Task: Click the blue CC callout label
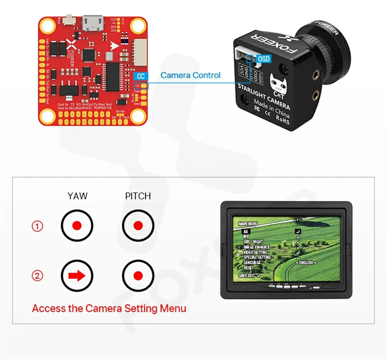pyautogui.click(x=140, y=76)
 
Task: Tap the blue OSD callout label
pyautogui.click(x=263, y=59)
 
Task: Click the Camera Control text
pyautogui.click(x=190, y=75)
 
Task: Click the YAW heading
pyautogui.click(x=77, y=196)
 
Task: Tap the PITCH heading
pyautogui.click(x=138, y=196)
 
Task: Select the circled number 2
pyautogui.click(x=37, y=276)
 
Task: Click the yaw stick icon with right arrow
pyautogui.click(x=77, y=276)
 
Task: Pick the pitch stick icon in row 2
pyautogui.click(x=138, y=276)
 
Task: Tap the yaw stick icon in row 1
pyautogui.click(x=77, y=225)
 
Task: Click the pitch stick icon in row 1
pyautogui.click(x=138, y=225)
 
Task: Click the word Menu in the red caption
pyautogui.click(x=173, y=309)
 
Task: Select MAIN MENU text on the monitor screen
pyautogui.click(x=248, y=223)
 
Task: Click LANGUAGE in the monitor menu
pyautogui.click(x=252, y=262)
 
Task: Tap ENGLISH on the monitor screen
pyautogui.click(x=306, y=263)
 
